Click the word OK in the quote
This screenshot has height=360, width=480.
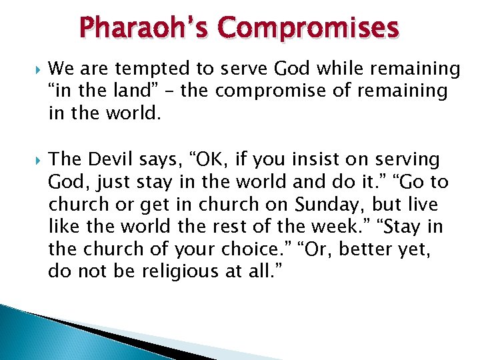214,159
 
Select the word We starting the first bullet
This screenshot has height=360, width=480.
61,69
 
